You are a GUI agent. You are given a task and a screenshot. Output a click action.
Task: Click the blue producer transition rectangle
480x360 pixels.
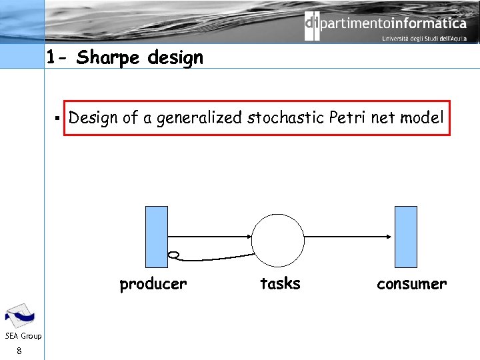[157, 236]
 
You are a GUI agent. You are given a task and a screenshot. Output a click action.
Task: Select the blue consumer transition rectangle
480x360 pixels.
[406, 236]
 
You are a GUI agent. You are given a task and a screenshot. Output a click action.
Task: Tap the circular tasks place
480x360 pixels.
[277, 240]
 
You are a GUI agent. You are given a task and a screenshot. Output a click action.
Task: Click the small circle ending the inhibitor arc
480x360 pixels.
[174, 255]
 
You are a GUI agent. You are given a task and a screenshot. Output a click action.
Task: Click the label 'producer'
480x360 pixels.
[153, 284]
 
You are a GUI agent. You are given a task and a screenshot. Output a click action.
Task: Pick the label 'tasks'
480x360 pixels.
[280, 284]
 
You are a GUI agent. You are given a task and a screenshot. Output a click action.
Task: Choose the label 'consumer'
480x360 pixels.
[411, 284]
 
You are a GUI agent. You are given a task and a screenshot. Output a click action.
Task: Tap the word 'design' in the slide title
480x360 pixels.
[175, 59]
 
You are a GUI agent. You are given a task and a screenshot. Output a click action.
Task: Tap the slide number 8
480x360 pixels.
[20, 351]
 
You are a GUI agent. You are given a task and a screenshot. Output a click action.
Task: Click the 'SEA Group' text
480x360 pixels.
[23, 336]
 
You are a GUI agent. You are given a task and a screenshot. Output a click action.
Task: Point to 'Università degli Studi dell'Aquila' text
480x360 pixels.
[424, 39]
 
